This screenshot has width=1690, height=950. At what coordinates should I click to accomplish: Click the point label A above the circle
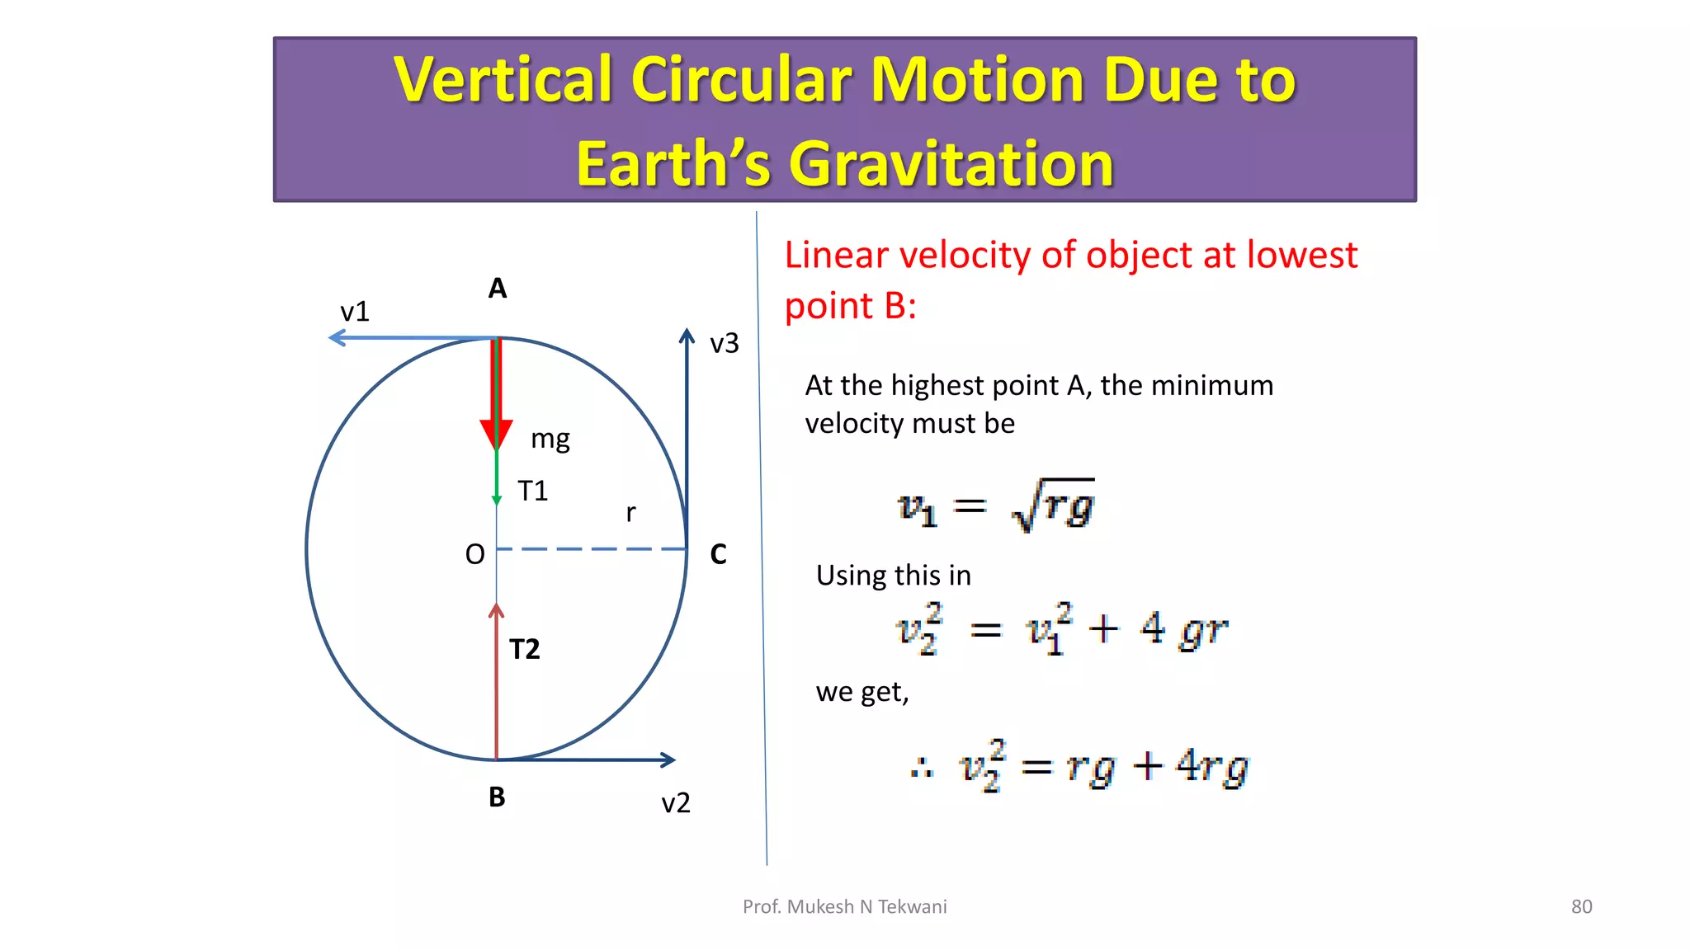tap(497, 289)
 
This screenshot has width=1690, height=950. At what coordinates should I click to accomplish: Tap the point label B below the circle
tap(497, 797)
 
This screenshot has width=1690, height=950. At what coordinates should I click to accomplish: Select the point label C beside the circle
tap(718, 554)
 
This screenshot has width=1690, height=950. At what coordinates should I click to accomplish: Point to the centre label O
tap(474, 554)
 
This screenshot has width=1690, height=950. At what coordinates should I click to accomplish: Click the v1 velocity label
tap(355, 312)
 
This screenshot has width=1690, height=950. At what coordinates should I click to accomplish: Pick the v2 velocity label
tap(676, 803)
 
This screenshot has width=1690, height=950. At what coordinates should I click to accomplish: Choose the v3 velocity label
tap(725, 343)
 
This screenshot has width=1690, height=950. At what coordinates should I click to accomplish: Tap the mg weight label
tap(550, 439)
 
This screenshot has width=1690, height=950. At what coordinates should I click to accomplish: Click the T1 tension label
tap(532, 491)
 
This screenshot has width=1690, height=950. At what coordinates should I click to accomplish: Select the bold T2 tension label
tap(525, 650)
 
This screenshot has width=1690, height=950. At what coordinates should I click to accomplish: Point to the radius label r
tap(630, 513)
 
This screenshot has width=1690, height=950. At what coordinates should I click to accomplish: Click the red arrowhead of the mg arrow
tap(496, 434)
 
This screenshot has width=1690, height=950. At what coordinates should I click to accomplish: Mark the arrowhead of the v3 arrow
tap(687, 336)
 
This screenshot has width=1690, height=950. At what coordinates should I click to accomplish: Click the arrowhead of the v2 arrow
tap(668, 760)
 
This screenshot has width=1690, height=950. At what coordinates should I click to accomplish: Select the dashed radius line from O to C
tap(591, 548)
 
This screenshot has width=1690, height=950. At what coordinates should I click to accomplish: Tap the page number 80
tap(1581, 907)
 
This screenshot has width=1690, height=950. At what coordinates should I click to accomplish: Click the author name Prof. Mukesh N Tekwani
tap(844, 907)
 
